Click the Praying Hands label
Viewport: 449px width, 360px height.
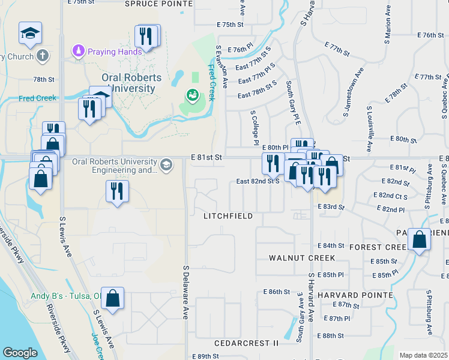click(115, 51)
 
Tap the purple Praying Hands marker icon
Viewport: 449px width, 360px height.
click(77, 50)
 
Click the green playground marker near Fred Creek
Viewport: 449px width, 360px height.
click(192, 95)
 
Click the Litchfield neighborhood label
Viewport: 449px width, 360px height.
click(228, 215)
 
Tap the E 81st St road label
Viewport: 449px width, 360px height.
click(206, 157)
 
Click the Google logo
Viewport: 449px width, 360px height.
click(20, 352)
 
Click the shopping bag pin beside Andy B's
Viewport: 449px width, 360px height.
click(112, 298)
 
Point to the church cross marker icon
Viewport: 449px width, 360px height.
click(42, 56)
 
